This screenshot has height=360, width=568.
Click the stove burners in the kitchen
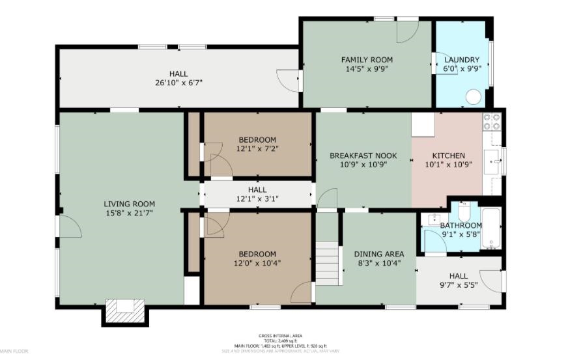point(491,122)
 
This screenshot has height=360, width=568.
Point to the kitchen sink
point(492,159)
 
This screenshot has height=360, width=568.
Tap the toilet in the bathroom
point(464,211)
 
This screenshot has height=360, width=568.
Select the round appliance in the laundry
point(474,97)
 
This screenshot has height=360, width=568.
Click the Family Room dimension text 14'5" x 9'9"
point(367,69)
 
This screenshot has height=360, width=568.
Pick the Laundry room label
point(461,59)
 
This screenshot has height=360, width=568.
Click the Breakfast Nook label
point(363,156)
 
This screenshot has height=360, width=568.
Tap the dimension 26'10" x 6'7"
point(178,83)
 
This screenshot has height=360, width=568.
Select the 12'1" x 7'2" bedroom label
point(257,140)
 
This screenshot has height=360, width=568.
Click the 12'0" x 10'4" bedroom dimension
point(256,263)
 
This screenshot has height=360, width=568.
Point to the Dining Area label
point(378,254)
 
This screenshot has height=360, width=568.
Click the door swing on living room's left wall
point(69,227)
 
